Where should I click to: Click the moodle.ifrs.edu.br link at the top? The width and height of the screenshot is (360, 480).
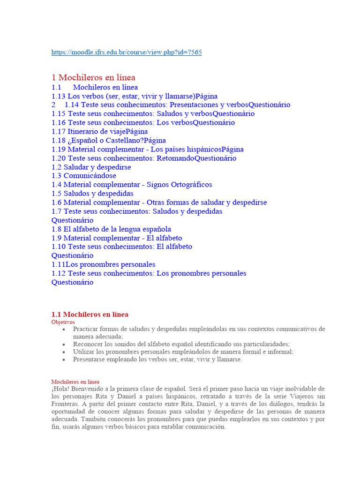tap(127, 52)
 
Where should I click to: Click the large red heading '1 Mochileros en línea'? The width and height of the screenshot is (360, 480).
tap(93, 78)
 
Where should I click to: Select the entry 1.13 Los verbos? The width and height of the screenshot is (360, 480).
tap(134, 96)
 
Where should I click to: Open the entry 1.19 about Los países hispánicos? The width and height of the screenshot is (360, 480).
tap(147, 150)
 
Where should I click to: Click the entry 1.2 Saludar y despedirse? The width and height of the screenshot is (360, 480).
tap(91, 167)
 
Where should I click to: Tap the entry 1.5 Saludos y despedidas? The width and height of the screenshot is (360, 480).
tap(92, 194)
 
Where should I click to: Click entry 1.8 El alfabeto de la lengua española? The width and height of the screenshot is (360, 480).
tap(111, 229)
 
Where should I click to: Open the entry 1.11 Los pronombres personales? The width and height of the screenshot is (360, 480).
tap(103, 264)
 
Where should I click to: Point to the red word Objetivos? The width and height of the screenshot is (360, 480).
tap(63, 322)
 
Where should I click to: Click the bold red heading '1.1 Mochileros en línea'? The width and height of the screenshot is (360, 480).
tap(90, 315)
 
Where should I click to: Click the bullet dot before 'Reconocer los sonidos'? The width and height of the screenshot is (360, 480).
tap(64, 345)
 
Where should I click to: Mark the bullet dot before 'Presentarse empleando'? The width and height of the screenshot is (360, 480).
tap(64, 360)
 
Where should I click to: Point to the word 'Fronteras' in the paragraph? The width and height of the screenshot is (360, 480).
tap(66, 404)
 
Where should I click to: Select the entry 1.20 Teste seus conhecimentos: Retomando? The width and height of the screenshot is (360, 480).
tap(143, 158)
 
